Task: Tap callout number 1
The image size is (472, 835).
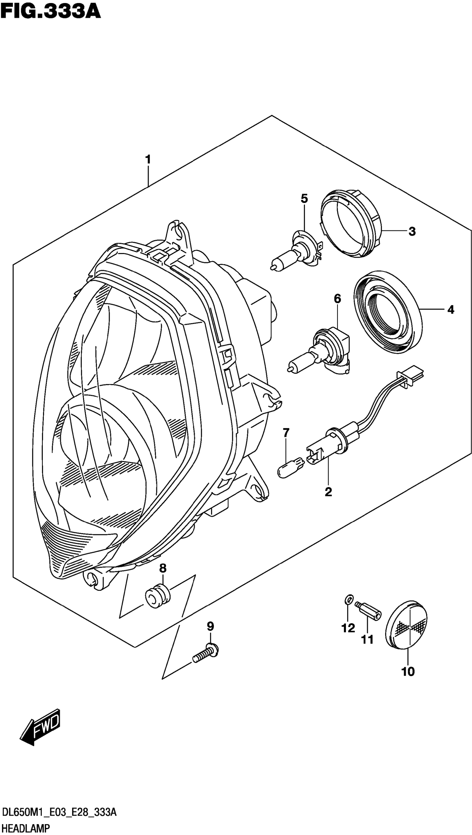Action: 148,160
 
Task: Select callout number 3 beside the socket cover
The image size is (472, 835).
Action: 412,231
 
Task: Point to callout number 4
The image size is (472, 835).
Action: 450,310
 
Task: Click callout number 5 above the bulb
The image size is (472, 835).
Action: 304,198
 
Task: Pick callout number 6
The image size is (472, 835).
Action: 337,298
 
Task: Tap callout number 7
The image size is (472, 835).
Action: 286,432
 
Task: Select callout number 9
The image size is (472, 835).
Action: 210,627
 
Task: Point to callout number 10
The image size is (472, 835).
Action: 408,671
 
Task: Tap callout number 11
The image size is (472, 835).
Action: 368,639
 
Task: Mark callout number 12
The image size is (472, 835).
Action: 348,629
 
